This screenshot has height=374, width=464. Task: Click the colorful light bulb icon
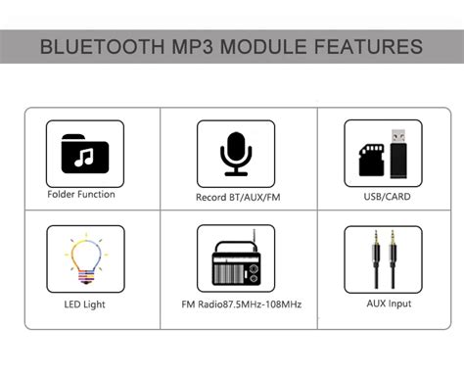click(x=84, y=258)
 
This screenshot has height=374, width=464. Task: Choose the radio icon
click(x=234, y=260)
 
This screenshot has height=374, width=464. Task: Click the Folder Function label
click(x=81, y=194)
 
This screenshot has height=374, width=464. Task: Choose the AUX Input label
click(x=384, y=304)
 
